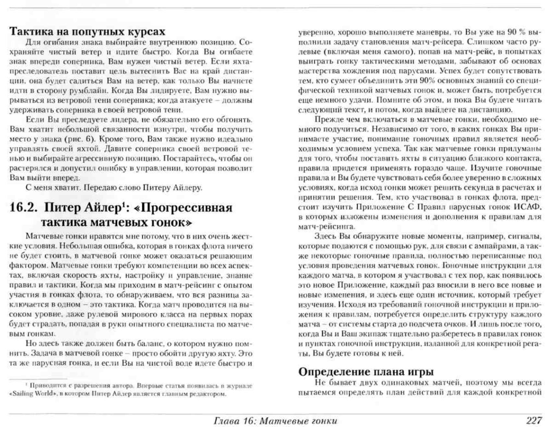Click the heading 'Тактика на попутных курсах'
pyautogui.click(x=87, y=32)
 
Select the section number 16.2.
pyautogui.click(x=24, y=207)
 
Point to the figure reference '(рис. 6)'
pyautogui.click(x=80, y=139)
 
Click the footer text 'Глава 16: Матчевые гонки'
pyautogui.click(x=275, y=421)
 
